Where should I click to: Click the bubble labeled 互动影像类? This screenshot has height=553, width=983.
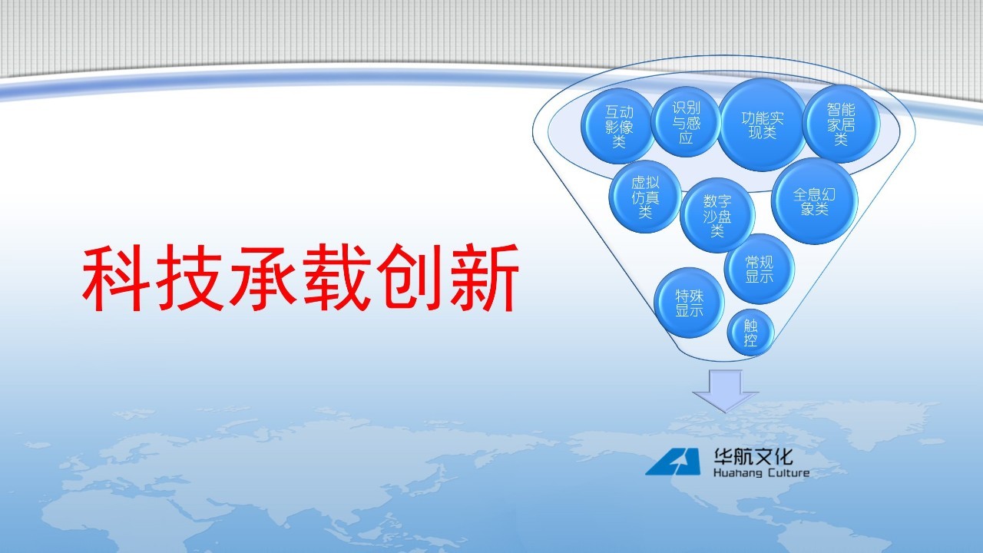tap(618, 126)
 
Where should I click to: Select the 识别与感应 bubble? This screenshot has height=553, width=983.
tap(686, 122)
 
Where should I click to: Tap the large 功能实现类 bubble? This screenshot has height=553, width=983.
tap(763, 125)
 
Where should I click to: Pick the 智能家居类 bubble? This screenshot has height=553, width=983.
tap(841, 124)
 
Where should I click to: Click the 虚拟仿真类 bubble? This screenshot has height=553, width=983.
tap(645, 197)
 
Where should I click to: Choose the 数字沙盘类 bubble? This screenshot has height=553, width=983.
tap(717, 215)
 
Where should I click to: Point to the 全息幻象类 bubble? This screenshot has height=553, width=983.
tap(815, 201)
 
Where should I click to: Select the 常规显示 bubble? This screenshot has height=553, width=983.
tap(760, 269)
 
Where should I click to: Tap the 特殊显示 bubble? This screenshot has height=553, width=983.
tap(689, 303)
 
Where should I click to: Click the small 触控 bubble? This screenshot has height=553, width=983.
tap(750, 333)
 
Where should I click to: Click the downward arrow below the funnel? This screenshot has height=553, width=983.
tap(726, 391)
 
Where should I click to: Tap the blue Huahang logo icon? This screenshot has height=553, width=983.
tap(673, 462)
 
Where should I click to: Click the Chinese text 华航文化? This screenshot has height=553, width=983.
tap(753, 456)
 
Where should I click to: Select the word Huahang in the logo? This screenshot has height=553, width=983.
tap(738, 473)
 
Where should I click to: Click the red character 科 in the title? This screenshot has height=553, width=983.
tap(116, 278)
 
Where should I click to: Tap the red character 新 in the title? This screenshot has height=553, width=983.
tap(484, 278)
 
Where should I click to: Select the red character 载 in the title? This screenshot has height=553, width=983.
tap(337, 278)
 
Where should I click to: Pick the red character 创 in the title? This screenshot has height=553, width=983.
tap(410, 277)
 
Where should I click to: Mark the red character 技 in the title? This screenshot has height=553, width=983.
tap(190, 278)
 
